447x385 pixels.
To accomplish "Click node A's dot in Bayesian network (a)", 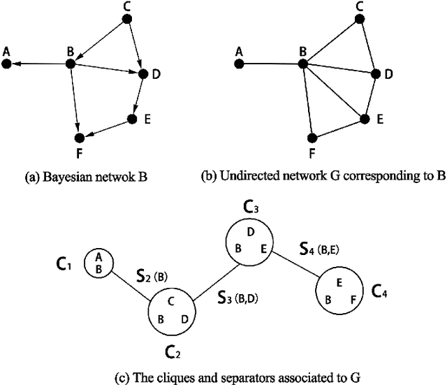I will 6,64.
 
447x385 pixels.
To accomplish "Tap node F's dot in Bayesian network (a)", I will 80,136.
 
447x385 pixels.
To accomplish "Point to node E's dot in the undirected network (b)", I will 364,119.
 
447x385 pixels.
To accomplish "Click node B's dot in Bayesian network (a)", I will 70,64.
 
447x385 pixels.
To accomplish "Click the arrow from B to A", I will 38,64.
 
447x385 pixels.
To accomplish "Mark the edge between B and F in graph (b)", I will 308,100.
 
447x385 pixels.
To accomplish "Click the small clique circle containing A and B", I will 98,263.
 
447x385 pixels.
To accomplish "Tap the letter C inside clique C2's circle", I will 170,303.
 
